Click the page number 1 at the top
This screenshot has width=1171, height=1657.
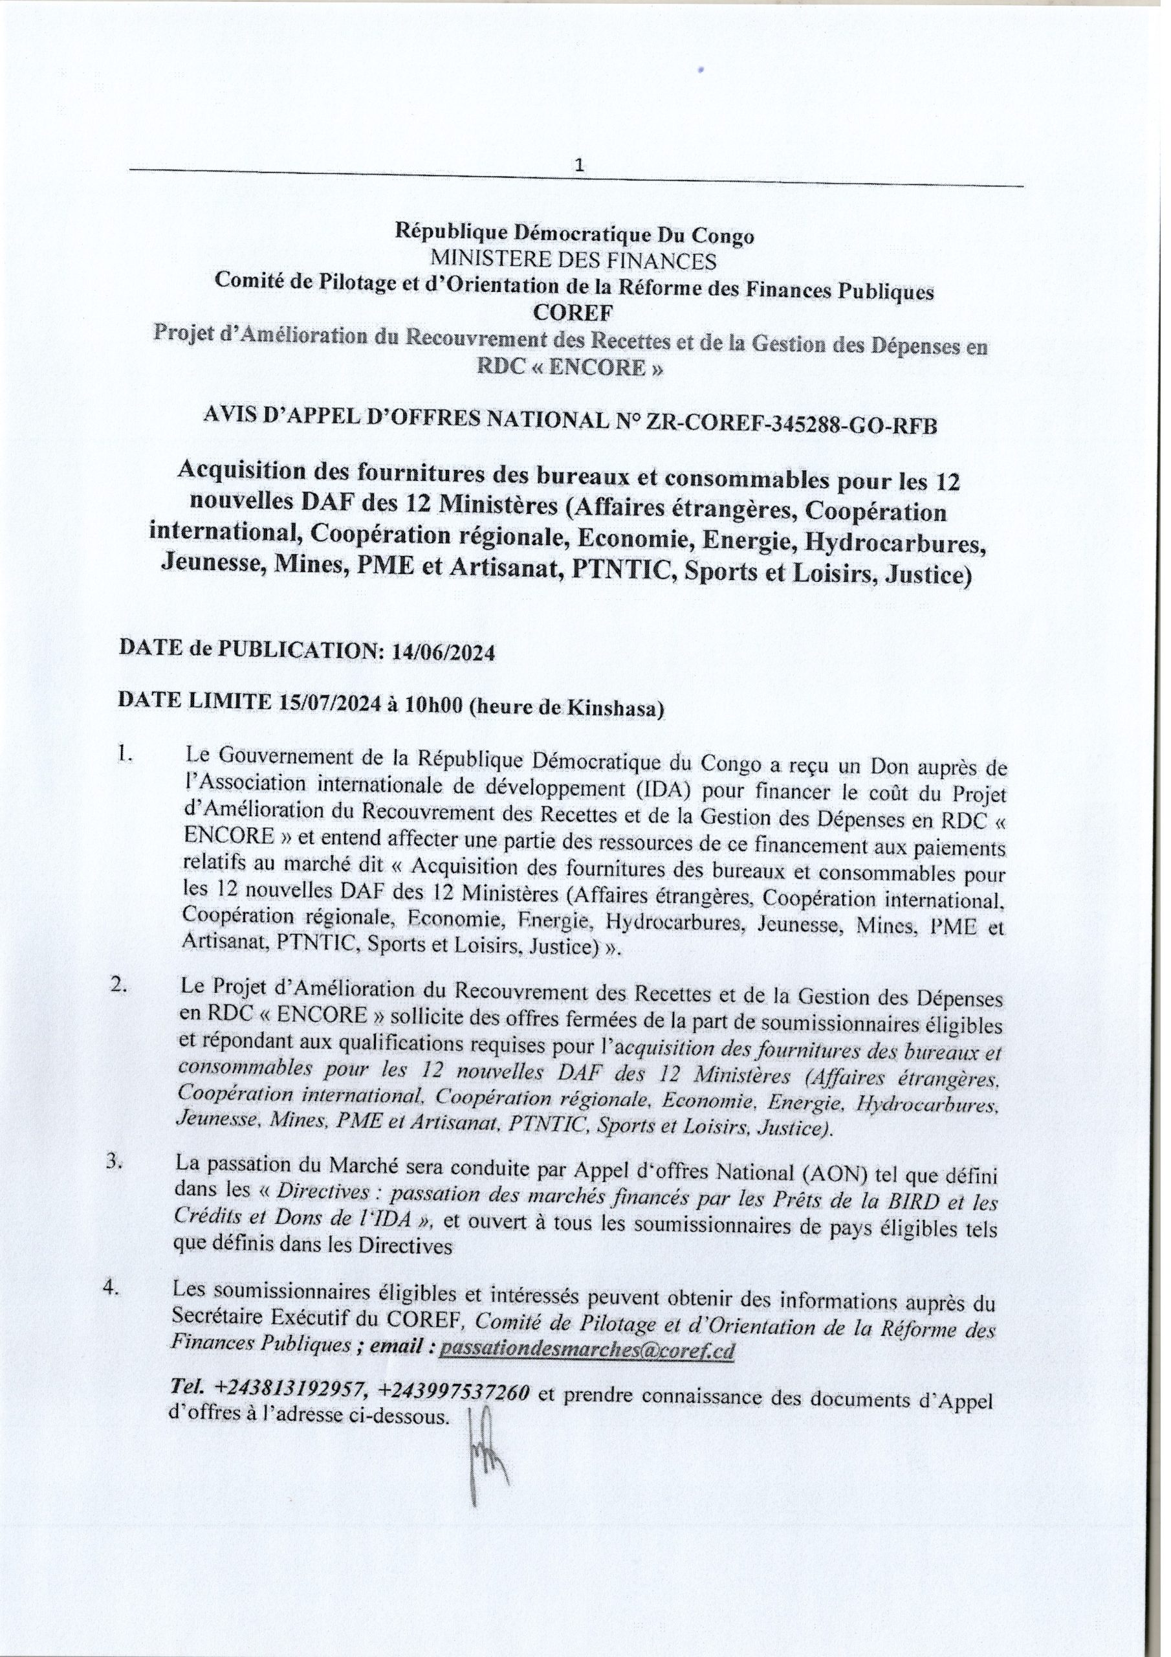(x=578, y=166)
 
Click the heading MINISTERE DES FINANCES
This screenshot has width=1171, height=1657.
(x=573, y=261)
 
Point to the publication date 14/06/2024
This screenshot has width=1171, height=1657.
(x=443, y=652)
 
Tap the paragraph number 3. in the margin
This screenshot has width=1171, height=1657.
(x=117, y=1164)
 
